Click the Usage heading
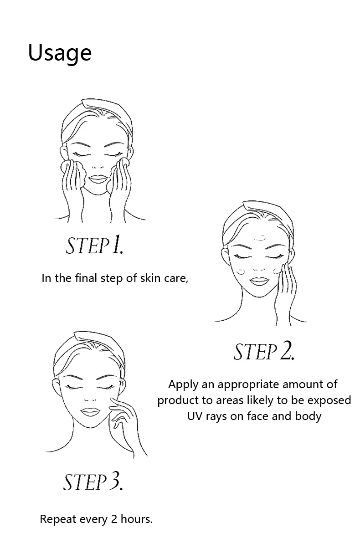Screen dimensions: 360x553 click(60, 53)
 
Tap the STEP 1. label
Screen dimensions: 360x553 click(94, 245)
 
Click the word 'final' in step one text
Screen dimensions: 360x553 click(86, 278)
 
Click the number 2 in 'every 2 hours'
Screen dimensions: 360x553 click(114, 519)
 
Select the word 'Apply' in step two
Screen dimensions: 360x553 click(183, 385)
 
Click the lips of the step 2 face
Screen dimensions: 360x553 click(258, 281)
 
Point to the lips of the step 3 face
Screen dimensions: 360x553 click(90, 411)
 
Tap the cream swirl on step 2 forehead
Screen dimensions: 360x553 click(259, 238)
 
